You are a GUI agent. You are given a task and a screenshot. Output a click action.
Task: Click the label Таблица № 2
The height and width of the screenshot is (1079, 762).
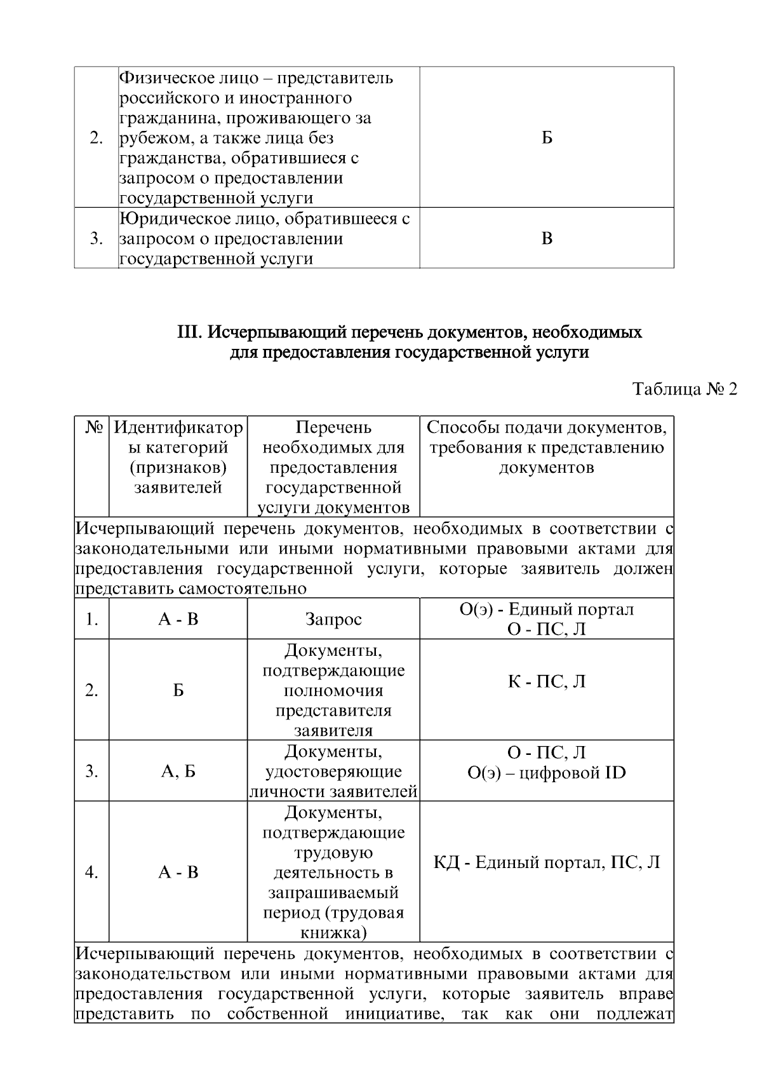point(685,390)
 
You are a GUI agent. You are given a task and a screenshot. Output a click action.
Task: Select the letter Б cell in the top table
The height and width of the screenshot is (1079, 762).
point(547,138)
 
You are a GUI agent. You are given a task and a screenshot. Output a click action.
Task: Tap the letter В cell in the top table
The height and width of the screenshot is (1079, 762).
point(547,239)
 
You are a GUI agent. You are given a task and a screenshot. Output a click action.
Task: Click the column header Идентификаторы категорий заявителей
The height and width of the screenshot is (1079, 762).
point(178,458)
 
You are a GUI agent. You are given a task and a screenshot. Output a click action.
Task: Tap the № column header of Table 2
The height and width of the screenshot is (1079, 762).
point(93,428)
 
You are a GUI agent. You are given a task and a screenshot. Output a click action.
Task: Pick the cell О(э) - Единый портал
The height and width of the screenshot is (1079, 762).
point(546,609)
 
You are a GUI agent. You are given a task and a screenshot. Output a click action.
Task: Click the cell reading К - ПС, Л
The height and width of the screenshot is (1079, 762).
point(546,682)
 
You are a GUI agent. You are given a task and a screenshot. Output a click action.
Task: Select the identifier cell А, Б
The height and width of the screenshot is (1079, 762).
point(178,771)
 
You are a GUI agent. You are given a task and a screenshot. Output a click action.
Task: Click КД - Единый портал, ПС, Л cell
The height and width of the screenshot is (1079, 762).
point(546,862)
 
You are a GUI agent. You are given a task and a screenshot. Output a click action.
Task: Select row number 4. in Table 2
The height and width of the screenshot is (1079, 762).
point(92,872)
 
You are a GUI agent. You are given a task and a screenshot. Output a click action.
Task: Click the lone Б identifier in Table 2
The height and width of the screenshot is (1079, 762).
point(178,690)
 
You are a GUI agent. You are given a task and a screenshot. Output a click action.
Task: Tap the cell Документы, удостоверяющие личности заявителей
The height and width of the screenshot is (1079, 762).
point(333,771)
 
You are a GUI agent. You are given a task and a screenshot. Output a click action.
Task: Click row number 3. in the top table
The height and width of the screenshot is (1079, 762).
point(97,239)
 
